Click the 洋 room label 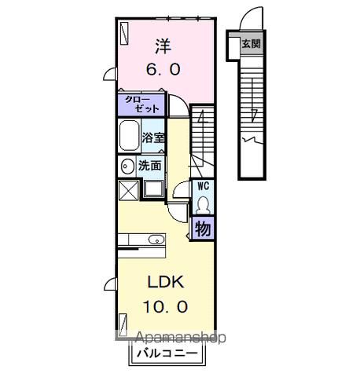point(163,45)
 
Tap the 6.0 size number point(163,69)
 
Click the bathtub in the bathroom point(129,137)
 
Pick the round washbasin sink point(127,167)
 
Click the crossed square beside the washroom point(127,191)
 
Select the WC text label point(202,186)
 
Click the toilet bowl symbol point(203,203)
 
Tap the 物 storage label point(203,229)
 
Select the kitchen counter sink point(154,239)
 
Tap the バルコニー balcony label point(170,353)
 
